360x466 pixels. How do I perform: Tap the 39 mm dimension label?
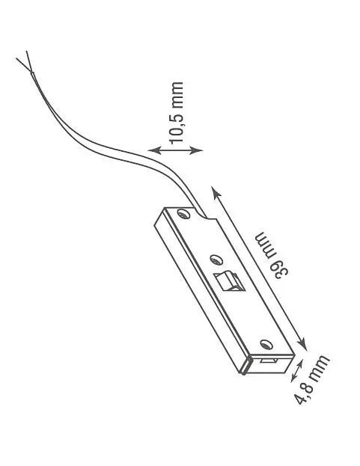[x=272, y=255]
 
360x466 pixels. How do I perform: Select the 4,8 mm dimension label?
[x=311, y=379]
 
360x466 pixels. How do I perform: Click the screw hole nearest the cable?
[x=183, y=214]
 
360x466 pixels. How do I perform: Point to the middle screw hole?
[x=216, y=260]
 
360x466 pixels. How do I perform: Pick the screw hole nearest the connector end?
[x=266, y=344]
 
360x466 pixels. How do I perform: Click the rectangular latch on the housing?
[x=230, y=281]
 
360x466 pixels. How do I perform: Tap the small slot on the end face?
[x=269, y=361]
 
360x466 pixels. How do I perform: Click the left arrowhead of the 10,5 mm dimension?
[x=155, y=150]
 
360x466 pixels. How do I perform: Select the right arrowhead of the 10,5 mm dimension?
[x=196, y=150]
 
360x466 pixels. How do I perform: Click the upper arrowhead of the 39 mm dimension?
[x=216, y=191]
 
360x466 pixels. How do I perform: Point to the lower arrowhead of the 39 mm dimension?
[x=302, y=344]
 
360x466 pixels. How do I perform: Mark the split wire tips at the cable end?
[x=25, y=61]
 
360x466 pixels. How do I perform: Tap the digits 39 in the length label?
[x=279, y=270]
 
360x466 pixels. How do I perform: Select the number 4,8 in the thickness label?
[x=303, y=393]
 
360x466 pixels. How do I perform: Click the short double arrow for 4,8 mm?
[x=297, y=370]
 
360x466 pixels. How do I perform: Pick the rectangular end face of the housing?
[x=270, y=364]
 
